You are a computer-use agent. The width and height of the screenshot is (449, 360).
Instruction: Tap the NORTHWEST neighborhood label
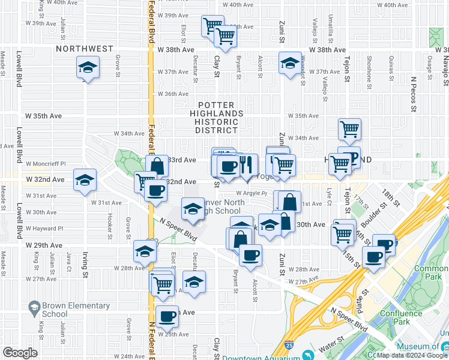point(84,49)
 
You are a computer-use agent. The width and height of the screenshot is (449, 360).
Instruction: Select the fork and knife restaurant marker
point(246,165)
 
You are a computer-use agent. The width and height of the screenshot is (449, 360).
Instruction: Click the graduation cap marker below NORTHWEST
point(88,67)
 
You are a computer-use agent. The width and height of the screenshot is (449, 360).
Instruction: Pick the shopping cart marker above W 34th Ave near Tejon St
point(349,128)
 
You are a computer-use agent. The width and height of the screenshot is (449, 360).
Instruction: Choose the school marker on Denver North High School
point(193,209)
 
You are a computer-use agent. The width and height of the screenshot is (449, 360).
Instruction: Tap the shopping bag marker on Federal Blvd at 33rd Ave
point(157,166)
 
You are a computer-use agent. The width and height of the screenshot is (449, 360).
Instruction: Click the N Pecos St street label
point(414,94)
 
